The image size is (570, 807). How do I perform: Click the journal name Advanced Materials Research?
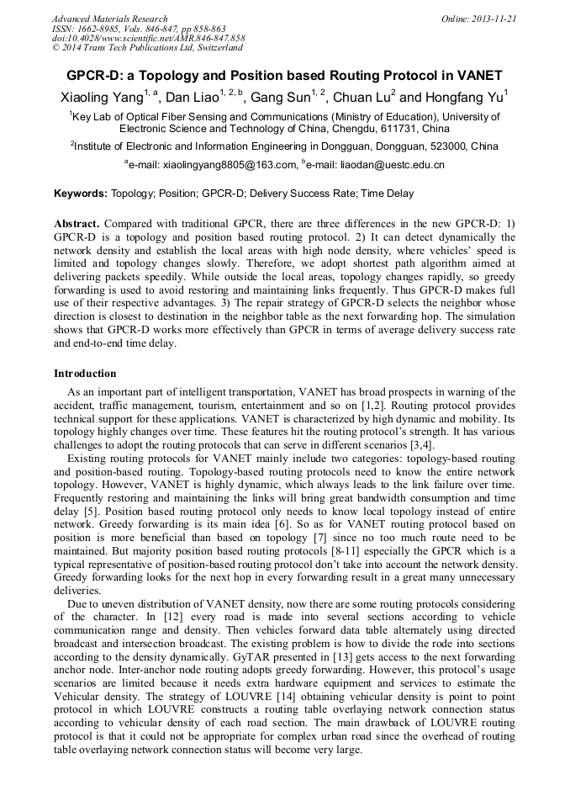click(x=109, y=19)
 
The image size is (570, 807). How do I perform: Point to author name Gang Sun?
click(x=282, y=98)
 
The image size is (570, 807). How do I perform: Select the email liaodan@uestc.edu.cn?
click(x=392, y=166)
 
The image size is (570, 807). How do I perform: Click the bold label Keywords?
click(x=81, y=194)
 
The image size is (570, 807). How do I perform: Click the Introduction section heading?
click(x=85, y=374)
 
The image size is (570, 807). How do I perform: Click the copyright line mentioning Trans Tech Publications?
click(x=147, y=48)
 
